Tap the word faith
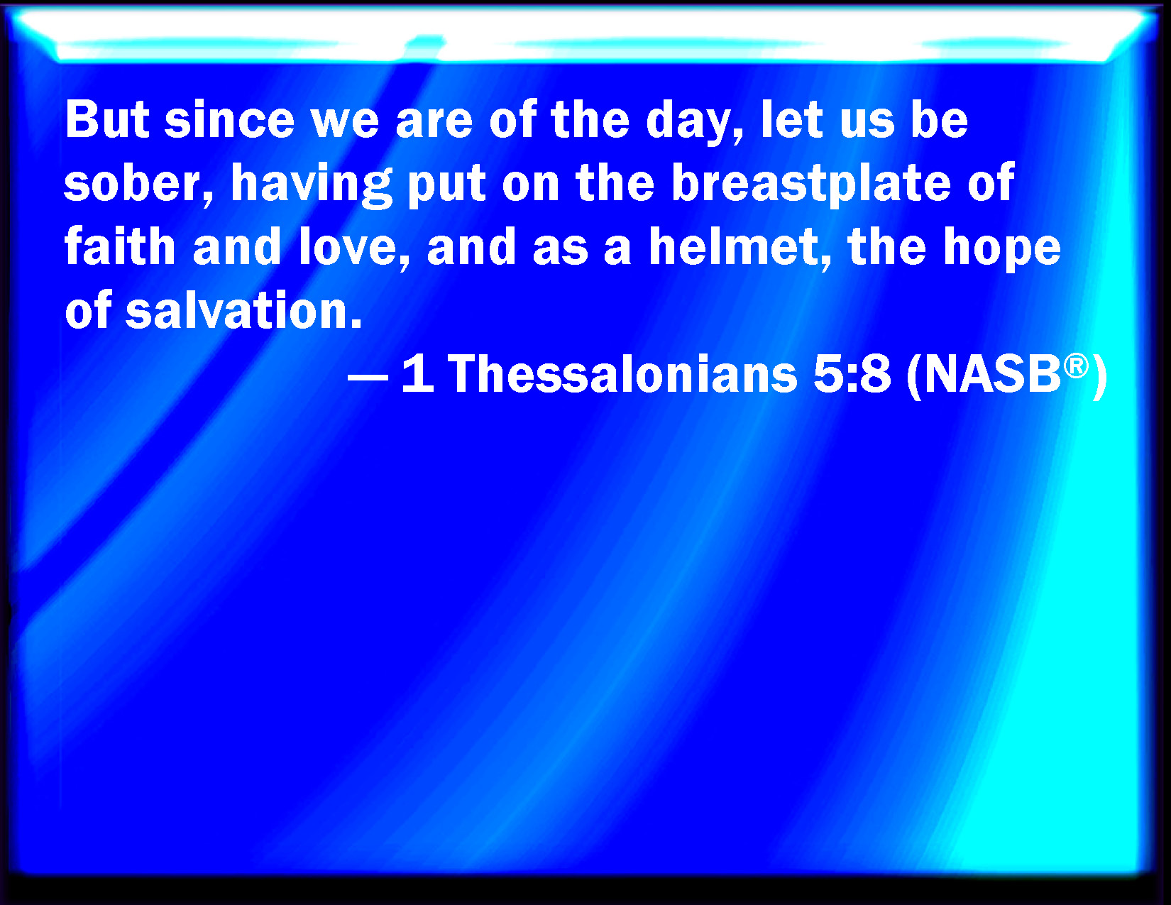tap(120, 246)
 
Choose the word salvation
tap(243, 309)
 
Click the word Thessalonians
tap(622, 373)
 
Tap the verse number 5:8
tap(852, 373)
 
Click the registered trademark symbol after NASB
tap(1076, 366)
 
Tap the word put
tap(447, 186)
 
